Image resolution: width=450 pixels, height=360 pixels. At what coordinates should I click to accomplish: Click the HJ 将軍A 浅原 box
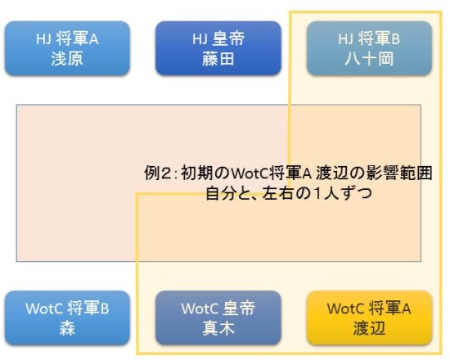(67, 48)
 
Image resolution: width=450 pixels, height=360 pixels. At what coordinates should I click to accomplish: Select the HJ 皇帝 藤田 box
(218, 48)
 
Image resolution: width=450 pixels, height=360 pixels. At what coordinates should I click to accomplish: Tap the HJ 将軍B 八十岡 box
(369, 48)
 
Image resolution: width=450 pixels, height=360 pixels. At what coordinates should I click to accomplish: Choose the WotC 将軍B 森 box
(67, 317)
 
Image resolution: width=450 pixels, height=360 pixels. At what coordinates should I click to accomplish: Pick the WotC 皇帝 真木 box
(218, 317)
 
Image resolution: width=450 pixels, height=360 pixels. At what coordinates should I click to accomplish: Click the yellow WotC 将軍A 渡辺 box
(369, 317)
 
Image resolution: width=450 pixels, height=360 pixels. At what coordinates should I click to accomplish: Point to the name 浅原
(67, 59)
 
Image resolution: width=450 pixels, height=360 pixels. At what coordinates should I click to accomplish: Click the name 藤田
(218, 59)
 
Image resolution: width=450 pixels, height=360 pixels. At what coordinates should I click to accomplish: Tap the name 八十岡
(369, 59)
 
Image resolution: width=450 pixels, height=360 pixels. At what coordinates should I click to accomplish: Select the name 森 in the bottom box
(67, 328)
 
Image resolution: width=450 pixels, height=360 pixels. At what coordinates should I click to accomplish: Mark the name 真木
(218, 328)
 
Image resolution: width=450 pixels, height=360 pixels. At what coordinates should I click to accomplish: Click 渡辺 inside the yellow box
(369, 328)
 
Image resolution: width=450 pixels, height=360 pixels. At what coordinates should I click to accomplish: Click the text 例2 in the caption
(158, 173)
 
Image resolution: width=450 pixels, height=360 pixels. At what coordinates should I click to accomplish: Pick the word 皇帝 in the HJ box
(229, 38)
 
